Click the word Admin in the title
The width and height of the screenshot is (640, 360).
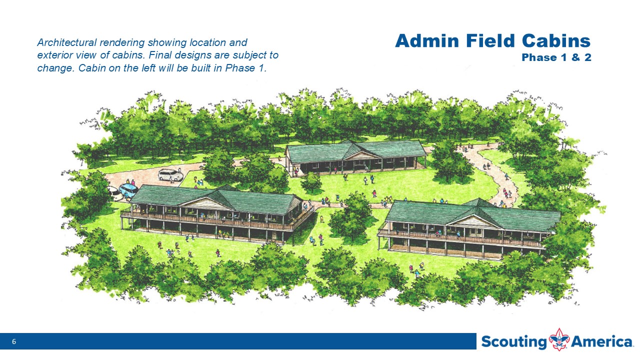click(x=427, y=41)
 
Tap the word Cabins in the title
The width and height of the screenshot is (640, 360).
click(x=556, y=41)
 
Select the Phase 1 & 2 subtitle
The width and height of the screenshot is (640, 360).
click(x=556, y=57)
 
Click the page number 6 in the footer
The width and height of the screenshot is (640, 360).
click(x=14, y=341)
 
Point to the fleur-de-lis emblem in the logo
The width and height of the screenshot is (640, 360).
click(x=559, y=339)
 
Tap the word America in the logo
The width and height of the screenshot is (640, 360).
click(x=601, y=341)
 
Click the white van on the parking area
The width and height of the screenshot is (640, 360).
click(x=170, y=174)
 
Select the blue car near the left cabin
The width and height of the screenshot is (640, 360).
click(x=128, y=190)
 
